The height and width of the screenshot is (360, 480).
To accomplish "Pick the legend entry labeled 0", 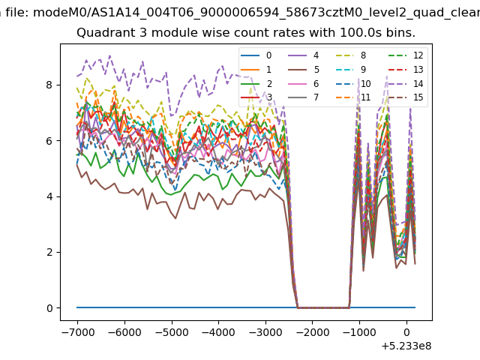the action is click(x=256, y=55).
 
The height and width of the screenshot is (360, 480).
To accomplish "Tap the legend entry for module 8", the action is click(x=351, y=55).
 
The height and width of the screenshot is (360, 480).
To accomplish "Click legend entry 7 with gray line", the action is click(x=304, y=97).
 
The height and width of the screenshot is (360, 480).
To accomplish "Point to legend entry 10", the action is click(x=353, y=83).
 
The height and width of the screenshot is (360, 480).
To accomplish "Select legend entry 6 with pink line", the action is click(x=304, y=83).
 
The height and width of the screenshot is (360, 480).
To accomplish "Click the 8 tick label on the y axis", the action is click(x=49, y=85).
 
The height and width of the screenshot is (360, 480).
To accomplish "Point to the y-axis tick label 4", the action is click(x=49, y=196).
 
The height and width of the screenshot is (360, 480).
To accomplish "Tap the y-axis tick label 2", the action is click(x=49, y=252).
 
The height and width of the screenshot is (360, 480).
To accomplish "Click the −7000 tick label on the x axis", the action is click(x=78, y=332).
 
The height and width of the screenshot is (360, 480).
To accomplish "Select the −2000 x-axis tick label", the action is click(x=313, y=332).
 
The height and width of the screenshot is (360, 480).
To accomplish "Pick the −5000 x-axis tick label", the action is click(x=172, y=332).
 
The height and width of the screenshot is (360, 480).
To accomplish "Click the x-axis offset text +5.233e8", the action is click(x=406, y=346).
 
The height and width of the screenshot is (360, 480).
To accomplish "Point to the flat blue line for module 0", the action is click(x=246, y=307).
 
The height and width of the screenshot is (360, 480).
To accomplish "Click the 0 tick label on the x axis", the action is click(x=406, y=332).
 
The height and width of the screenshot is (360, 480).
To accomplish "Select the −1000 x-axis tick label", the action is click(x=359, y=332).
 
